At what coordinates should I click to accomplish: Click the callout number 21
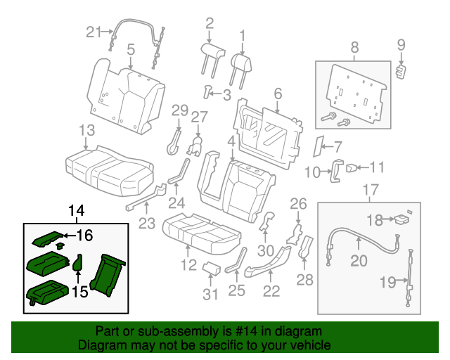point(94,31)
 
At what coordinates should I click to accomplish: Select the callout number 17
point(369,189)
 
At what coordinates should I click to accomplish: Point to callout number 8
point(354,48)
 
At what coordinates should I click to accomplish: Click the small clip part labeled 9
point(402,72)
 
